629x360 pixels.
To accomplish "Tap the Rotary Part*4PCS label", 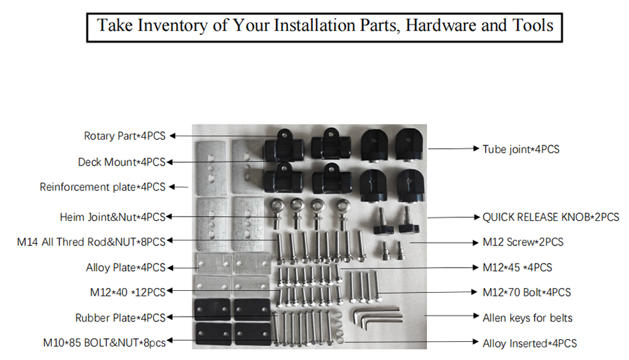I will coord(124,136).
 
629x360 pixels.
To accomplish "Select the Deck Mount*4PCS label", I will coord(122,162).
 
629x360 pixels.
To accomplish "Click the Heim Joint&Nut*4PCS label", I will coord(113,217).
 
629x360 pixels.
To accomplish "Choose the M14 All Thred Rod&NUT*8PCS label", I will coord(91,243).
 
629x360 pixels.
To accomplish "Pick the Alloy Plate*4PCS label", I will coord(126,268).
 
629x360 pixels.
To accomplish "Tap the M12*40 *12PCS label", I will coord(128,292).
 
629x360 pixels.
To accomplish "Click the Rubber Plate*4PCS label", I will coord(120,318).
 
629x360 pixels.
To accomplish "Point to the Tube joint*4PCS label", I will coord(521,149).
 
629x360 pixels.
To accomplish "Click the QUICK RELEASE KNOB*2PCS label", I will coord(551,217).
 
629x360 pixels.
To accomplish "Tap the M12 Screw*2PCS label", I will coord(523,243).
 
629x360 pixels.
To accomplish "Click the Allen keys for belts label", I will coord(527,318).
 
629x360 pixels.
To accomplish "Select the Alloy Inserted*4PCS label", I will coord(530,343).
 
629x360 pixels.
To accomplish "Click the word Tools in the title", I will coord(528,26).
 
